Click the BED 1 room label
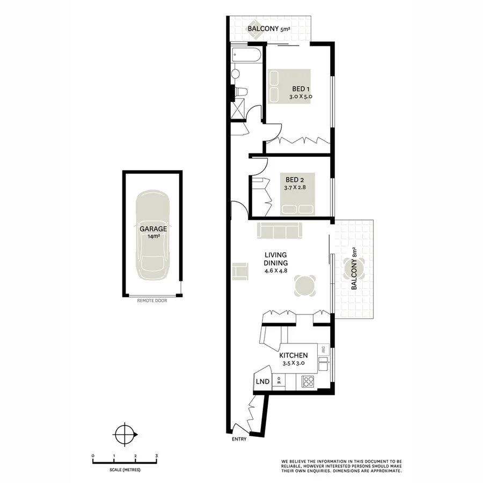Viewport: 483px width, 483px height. [300, 89]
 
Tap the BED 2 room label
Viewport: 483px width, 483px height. [294, 179]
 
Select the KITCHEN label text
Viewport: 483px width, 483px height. [293, 355]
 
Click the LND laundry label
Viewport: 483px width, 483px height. [262, 382]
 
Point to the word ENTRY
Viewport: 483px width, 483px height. [239, 440]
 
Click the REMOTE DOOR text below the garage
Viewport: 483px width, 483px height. [152, 301]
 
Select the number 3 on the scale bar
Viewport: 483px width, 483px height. [156, 456]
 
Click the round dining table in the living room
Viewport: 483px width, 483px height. [305, 286]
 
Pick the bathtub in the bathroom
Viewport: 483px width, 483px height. [246, 55]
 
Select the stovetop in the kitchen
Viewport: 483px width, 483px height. [309, 382]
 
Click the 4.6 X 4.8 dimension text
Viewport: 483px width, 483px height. [276, 271]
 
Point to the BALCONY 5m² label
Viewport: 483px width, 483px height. [268, 30]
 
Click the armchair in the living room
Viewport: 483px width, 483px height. [240, 270]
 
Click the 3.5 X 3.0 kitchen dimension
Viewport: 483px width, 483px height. [293, 363]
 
